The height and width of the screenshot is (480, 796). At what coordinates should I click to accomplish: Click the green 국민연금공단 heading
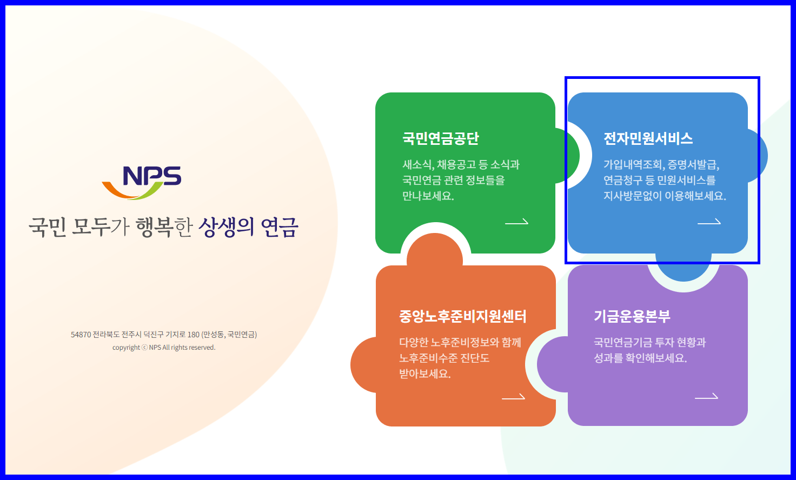coord(440,138)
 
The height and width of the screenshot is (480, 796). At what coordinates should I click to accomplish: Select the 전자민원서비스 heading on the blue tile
coord(648,138)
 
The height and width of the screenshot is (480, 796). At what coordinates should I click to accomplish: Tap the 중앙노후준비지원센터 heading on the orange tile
coord(462,316)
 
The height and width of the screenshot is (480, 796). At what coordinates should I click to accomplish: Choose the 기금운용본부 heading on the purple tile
coord(632,316)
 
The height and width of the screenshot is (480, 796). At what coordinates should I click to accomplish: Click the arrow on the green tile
coord(516,222)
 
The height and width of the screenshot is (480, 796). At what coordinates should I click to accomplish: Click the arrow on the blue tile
coord(709,222)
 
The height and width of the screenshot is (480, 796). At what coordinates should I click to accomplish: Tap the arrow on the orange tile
coord(513,397)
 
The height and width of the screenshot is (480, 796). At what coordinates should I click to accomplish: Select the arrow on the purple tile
coord(706,397)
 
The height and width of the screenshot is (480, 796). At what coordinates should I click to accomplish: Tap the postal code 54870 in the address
coord(81,335)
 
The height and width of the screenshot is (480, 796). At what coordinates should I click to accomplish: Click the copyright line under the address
coord(164,348)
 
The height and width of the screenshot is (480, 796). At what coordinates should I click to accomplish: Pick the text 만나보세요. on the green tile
coord(428,196)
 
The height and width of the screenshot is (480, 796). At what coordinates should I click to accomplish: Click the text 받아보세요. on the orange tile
coord(424,374)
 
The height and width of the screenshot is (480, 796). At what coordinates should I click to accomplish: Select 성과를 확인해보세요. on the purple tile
coord(640,358)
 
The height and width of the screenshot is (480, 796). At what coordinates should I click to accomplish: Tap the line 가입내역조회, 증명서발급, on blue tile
coord(661,164)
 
